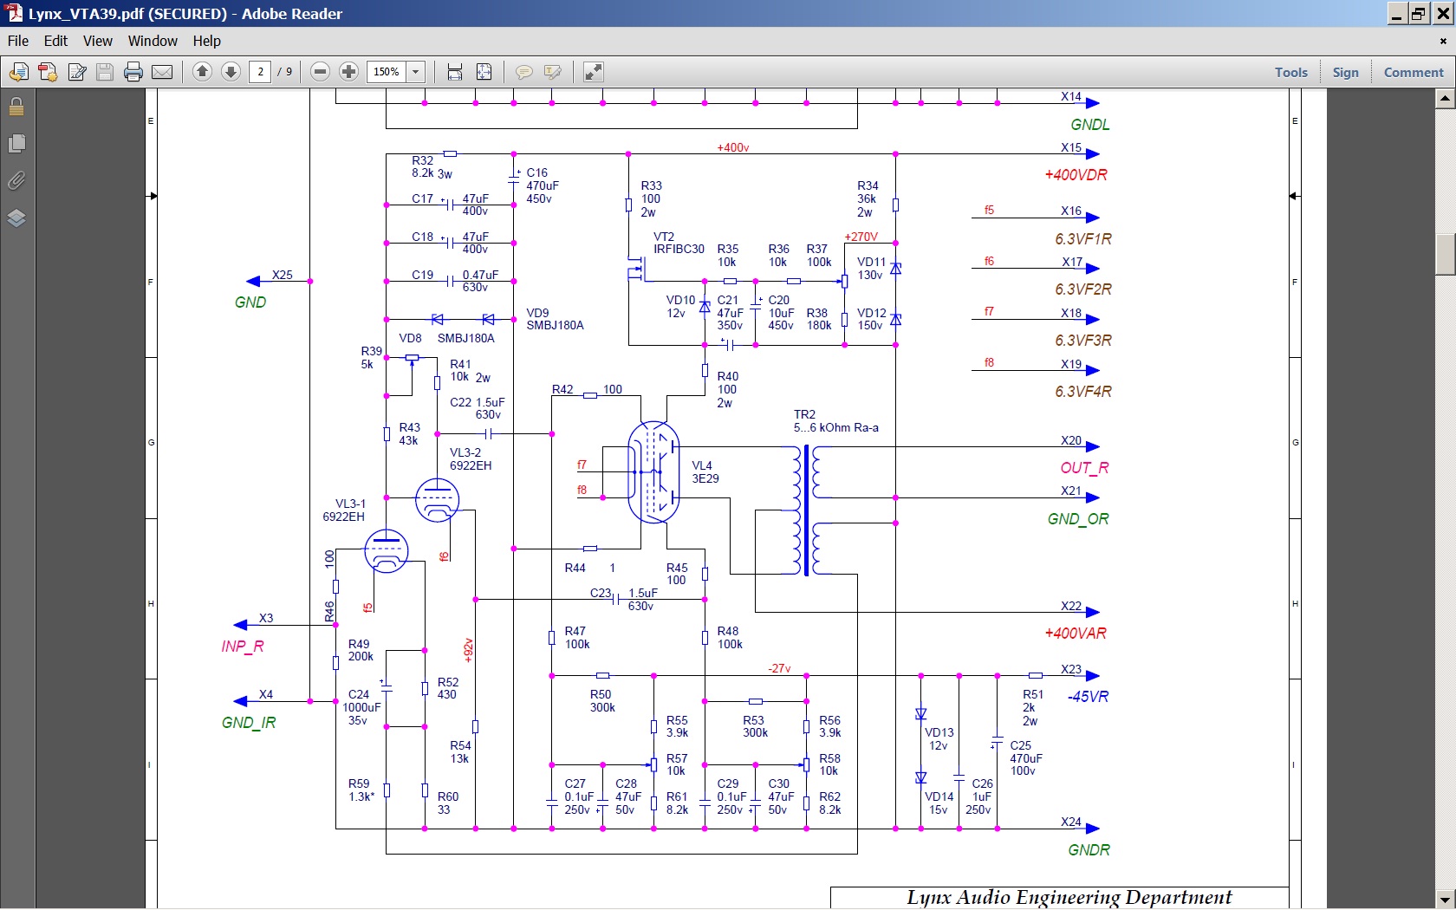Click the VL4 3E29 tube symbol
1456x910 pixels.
[653, 472]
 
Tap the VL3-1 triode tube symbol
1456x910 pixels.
[387, 551]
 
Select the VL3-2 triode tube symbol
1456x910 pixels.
[437, 500]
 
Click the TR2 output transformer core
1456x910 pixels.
[807, 510]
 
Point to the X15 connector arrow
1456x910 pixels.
[1092, 154]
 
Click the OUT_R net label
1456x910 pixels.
[1084, 468]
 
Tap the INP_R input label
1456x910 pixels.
[243, 647]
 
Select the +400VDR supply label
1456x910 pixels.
[1075, 175]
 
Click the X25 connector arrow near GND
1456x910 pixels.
[253, 282]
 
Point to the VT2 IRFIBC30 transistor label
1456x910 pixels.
[679, 243]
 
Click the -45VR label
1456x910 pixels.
[1088, 697]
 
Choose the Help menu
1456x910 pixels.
[206, 41]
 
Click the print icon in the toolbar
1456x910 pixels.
[133, 71]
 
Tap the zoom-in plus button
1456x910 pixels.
[348, 71]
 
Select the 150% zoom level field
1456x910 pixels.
[387, 71]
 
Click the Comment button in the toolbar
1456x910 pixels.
[1413, 72]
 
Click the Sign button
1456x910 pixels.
[1345, 72]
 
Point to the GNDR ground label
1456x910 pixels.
[1089, 850]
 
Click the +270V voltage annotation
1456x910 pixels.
[861, 237]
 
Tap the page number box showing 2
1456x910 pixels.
[261, 71]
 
